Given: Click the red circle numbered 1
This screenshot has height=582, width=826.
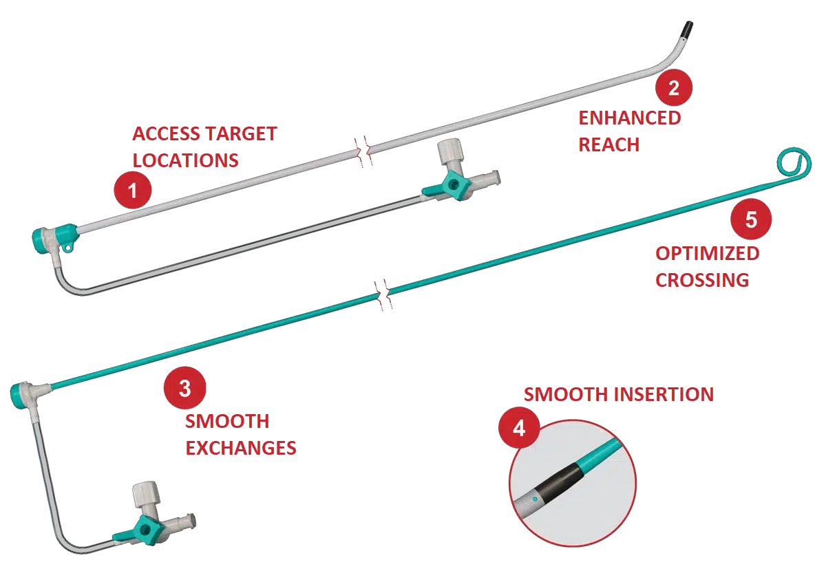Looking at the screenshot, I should click(x=133, y=192).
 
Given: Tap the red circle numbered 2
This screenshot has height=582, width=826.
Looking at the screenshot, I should click(x=673, y=87).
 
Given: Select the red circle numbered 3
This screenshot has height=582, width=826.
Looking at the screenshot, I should click(x=184, y=389).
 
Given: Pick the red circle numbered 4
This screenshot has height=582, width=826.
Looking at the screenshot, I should click(x=518, y=429).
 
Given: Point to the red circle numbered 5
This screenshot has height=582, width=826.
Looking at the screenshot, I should click(x=750, y=219).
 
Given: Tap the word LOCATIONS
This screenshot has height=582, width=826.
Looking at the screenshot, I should click(x=185, y=160).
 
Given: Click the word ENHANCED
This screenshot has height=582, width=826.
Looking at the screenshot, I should click(x=629, y=118).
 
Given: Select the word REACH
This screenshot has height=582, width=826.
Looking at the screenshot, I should click(x=608, y=145).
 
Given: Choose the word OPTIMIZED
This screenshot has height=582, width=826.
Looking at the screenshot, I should click(x=707, y=254).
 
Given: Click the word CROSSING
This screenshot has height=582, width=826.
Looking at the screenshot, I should click(x=701, y=281).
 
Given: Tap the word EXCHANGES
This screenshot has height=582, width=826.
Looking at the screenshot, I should click(x=240, y=449).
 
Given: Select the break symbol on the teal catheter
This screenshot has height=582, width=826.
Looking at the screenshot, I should click(x=383, y=294).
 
